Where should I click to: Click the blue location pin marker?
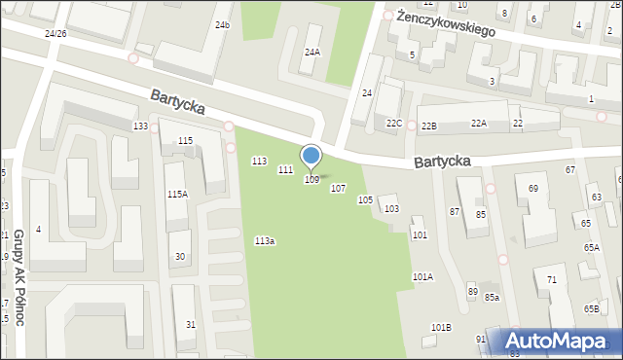click(311, 156)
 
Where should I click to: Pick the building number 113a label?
click(265, 240)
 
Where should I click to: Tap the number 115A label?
click(177, 195)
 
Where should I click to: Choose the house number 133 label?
click(141, 127)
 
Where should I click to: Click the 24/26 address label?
click(55, 33)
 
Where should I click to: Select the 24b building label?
click(223, 24)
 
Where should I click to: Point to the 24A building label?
click(312, 53)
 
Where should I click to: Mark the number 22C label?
click(394, 124)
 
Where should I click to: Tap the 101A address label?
click(422, 277)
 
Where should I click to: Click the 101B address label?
click(441, 327)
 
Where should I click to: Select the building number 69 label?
click(533, 188)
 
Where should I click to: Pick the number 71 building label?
click(551, 280)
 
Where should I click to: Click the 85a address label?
click(493, 297)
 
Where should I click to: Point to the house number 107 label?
click(338, 189)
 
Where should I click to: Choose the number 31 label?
click(191, 324)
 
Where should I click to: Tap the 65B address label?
click(591, 308)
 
